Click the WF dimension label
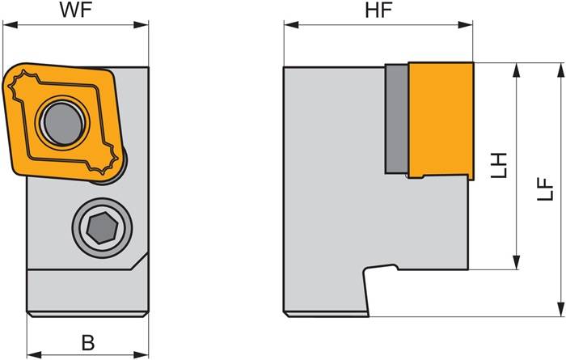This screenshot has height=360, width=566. point(76,11)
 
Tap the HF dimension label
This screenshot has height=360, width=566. point(378,11)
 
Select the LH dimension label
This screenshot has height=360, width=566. point(500,165)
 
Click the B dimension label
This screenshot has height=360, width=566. point(88,343)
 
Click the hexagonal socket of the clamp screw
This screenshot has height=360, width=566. point(102,228)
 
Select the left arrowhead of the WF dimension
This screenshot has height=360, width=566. point(10,25)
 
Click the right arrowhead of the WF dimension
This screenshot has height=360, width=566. point(141,25)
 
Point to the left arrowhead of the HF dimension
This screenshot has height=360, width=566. point(291,25)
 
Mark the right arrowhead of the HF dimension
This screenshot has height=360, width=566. point(465,25)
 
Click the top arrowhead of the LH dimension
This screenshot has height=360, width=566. point(517,70)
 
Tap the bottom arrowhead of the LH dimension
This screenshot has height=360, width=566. point(517,262)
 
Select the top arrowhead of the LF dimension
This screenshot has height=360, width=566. point(560,70)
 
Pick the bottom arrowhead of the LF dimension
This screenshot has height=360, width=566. point(560,310)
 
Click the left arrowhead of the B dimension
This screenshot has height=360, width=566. point(34,354)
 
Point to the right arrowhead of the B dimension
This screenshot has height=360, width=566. point(141,354)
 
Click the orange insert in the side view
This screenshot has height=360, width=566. point(441,121)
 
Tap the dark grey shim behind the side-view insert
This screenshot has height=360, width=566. point(397,119)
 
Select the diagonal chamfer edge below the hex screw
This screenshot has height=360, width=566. point(139,260)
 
